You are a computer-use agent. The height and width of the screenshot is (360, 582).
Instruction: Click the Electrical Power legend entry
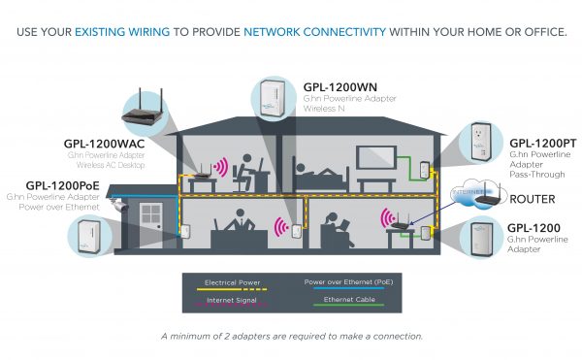tap(233, 284)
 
